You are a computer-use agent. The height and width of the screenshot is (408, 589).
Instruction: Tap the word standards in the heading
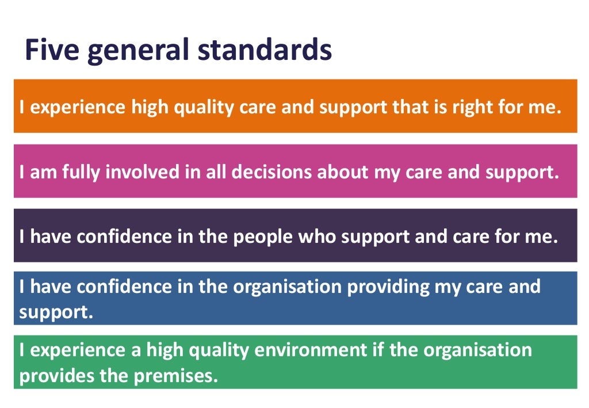265,50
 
